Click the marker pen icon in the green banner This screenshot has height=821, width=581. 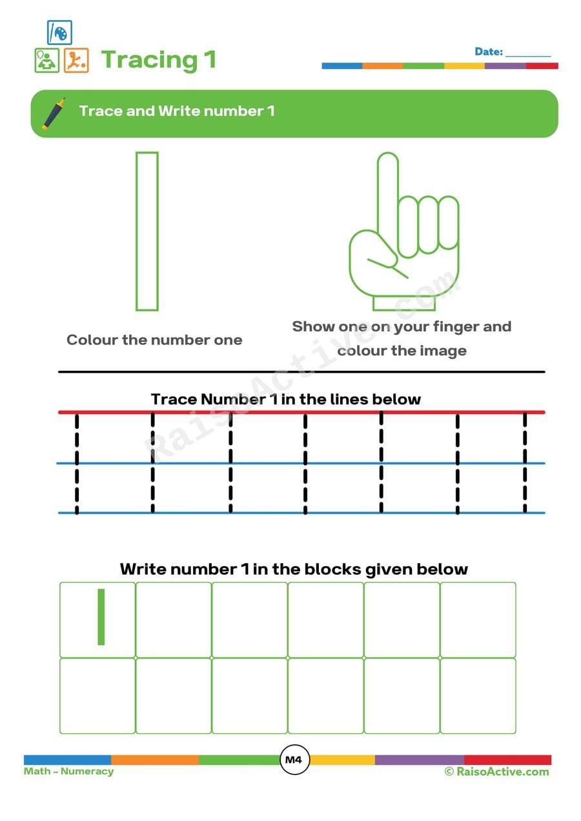(x=54, y=114)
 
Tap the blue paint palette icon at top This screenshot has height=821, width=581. (x=59, y=32)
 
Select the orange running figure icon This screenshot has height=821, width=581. (x=76, y=61)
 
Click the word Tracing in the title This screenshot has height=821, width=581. (x=149, y=59)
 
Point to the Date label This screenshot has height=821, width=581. (x=488, y=52)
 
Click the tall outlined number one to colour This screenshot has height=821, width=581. (x=147, y=231)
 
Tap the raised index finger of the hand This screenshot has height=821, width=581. (x=388, y=193)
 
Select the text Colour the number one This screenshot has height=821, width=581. (x=154, y=340)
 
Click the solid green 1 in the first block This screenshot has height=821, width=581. (x=101, y=617)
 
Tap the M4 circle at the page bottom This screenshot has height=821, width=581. (x=294, y=760)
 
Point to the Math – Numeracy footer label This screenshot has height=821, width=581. (x=68, y=771)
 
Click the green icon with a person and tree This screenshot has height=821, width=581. (x=46, y=61)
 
